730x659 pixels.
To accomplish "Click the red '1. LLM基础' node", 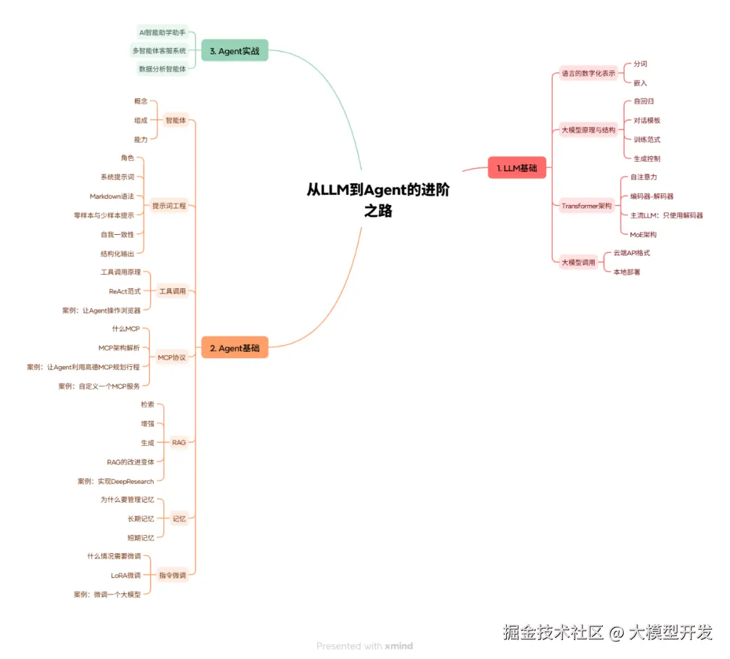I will [x=517, y=168].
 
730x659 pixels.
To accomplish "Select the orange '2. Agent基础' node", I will [x=235, y=348].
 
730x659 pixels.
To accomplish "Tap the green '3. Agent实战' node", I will [x=235, y=51].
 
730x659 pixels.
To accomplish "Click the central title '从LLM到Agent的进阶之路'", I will [x=378, y=200].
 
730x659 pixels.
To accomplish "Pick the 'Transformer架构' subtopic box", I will [x=586, y=206].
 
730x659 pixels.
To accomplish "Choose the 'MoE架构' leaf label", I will [x=643, y=234].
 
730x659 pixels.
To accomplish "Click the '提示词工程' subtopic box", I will [x=170, y=206].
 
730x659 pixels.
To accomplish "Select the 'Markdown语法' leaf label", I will [x=112, y=196].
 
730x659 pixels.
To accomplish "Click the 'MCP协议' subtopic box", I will [x=172, y=357].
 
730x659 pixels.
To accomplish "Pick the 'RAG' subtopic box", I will [x=178, y=442].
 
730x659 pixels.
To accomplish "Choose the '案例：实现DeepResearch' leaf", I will [x=116, y=481].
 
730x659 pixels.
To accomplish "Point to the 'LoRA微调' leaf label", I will [x=126, y=575].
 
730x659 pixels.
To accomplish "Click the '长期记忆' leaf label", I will [x=141, y=519].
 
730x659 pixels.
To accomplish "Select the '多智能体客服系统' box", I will [x=159, y=51].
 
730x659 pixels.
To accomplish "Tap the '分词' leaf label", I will [x=640, y=64].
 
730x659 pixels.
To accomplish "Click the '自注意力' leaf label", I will [x=643, y=177].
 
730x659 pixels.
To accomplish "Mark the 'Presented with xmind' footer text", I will [x=364, y=645].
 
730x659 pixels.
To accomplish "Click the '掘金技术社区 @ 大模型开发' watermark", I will [x=608, y=633].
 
